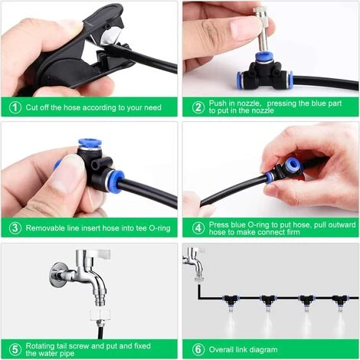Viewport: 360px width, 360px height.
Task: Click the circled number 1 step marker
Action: coord(15,107)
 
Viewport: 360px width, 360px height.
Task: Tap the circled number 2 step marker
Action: coord(198,107)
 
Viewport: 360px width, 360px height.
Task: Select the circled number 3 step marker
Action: coord(15,227)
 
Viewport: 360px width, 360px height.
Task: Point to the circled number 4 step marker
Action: coord(198,227)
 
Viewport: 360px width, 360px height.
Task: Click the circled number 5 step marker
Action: coord(15,349)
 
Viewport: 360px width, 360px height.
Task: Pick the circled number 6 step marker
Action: coord(198,349)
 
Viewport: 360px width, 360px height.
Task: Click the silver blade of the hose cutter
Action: coord(110,36)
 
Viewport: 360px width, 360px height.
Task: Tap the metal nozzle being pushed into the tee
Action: coord(263,28)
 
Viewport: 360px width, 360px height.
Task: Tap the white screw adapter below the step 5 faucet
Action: coord(100,316)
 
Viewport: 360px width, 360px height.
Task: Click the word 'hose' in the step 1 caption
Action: coord(72,107)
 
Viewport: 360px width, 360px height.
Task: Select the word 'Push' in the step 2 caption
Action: coord(218,103)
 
